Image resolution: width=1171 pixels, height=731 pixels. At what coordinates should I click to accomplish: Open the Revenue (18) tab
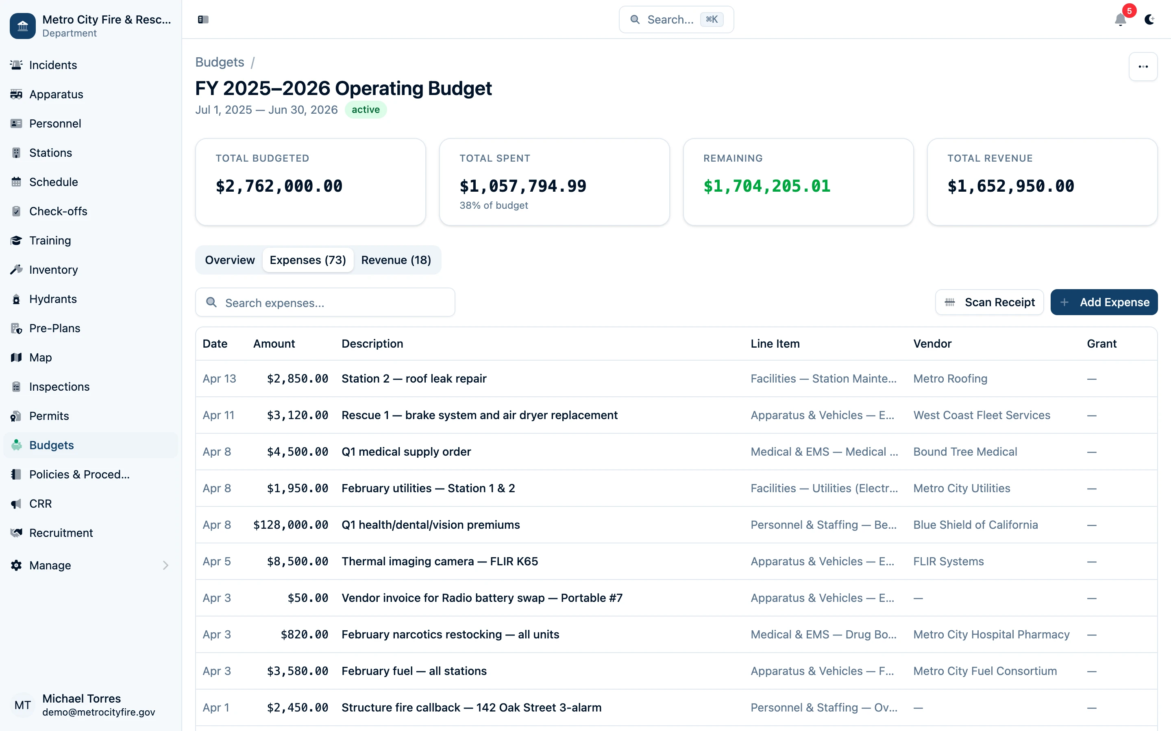click(x=395, y=260)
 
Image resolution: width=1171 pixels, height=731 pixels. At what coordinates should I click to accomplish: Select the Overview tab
click(x=229, y=260)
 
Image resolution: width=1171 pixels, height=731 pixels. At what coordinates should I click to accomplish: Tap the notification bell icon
click(x=1120, y=20)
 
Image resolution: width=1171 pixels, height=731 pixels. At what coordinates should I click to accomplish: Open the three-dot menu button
click(x=1143, y=67)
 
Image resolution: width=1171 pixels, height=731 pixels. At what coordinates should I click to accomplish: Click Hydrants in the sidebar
click(x=53, y=299)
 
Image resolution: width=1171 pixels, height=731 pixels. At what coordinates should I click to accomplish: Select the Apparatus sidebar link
click(x=56, y=94)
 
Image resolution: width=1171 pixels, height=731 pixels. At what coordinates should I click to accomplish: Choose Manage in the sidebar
click(x=50, y=565)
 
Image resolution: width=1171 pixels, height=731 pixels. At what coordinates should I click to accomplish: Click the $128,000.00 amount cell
click(x=290, y=525)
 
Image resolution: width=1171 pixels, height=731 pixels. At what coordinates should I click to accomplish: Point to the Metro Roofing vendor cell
click(x=950, y=378)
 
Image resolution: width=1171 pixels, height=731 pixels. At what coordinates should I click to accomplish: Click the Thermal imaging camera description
click(x=440, y=561)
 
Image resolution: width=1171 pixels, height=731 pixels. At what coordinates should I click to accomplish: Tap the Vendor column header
click(x=932, y=344)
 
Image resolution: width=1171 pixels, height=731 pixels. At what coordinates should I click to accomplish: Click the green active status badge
click(x=366, y=110)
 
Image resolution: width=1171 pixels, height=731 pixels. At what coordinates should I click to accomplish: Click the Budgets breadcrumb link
click(x=219, y=63)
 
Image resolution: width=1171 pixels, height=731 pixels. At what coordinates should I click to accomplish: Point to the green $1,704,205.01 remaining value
click(x=766, y=186)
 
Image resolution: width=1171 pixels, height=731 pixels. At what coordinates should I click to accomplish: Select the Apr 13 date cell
click(x=219, y=378)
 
